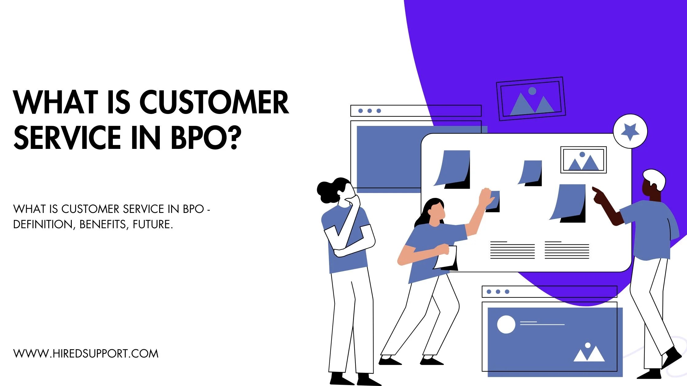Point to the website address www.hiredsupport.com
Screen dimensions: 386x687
[x=86, y=354]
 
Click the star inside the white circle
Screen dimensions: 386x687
[x=630, y=131]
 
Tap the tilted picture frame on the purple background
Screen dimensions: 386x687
[x=531, y=99]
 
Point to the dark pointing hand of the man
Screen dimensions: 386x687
[x=598, y=196]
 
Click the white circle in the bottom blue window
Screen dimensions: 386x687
[x=506, y=324]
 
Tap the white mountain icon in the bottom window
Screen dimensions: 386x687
[x=589, y=354]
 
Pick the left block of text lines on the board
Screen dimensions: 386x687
[x=512, y=250]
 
